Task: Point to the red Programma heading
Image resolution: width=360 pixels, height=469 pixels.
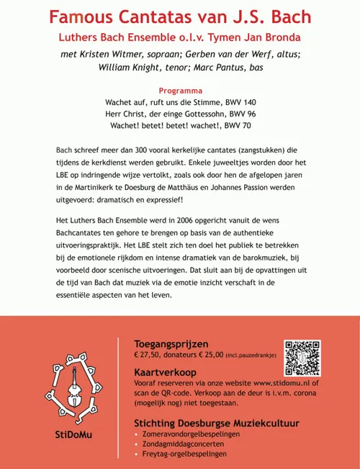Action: (x=179, y=91)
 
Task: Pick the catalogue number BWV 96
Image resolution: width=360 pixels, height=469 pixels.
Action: (x=240, y=114)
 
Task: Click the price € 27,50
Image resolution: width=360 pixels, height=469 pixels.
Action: (x=150, y=355)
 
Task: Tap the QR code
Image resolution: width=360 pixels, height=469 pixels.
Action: (x=303, y=357)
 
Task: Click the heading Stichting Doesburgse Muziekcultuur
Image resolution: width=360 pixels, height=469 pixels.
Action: (x=217, y=422)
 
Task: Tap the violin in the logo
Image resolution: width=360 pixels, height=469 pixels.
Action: (x=71, y=393)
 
